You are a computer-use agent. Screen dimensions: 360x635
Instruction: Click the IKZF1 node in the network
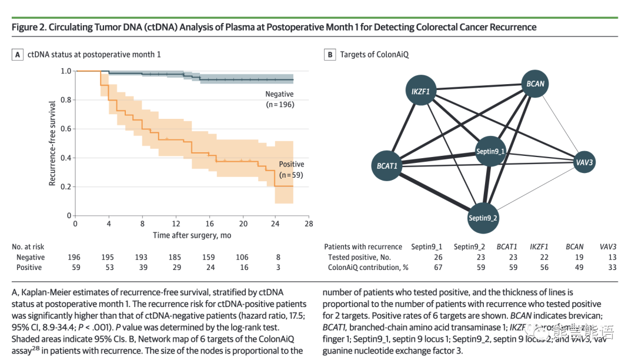420,92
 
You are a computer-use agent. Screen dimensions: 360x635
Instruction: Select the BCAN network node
535,84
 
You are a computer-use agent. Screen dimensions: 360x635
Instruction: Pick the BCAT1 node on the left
387,166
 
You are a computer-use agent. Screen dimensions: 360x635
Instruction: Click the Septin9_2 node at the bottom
483,218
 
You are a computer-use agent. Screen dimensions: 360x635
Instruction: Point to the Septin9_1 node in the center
492,151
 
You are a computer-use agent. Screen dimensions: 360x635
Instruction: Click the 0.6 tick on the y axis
66,129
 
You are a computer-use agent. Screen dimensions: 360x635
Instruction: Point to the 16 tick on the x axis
209,224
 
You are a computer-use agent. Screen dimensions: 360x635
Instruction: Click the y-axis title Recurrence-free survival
52,144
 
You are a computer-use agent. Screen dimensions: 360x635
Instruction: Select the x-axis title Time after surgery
192,235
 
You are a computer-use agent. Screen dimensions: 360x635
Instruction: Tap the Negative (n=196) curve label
279,99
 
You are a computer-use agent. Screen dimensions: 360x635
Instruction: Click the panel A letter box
18,55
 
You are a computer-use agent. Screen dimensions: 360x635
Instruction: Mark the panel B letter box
330,55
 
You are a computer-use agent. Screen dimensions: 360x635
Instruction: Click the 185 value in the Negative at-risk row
175,257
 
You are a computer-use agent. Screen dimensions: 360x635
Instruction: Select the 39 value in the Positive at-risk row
142,268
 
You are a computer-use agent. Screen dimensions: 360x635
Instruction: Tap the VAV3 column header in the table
607,246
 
